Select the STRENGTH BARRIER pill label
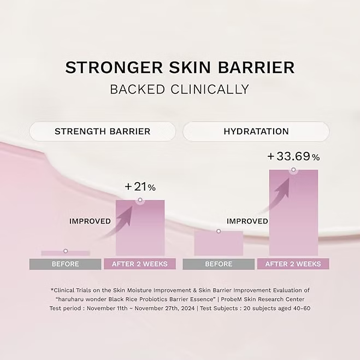tap(102, 132)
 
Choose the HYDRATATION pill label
tap(256, 132)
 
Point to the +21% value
tap(140, 187)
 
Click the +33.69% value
tap(293, 157)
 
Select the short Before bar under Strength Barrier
tap(66, 253)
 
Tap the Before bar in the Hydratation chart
tap(219, 244)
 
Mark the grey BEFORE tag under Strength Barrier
tap(66, 264)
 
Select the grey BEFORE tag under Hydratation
tap(219, 264)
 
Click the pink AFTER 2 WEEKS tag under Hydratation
tap(293, 264)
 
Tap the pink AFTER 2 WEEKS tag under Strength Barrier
tap(140, 264)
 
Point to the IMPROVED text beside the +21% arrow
tap(90, 221)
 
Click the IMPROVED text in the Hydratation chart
tap(247, 221)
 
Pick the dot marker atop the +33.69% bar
tap(293, 170)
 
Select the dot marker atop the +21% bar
tap(140, 200)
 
